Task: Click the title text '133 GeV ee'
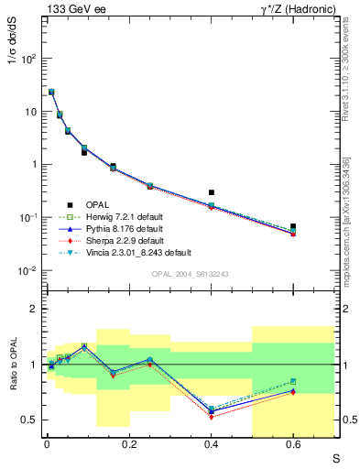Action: pyautogui.click(x=73, y=10)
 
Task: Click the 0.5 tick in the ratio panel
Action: pyautogui.click(x=30, y=420)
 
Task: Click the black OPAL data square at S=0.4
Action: pyautogui.click(x=211, y=193)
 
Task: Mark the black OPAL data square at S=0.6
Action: pyautogui.click(x=293, y=226)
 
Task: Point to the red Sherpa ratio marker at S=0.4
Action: pyautogui.click(x=211, y=417)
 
